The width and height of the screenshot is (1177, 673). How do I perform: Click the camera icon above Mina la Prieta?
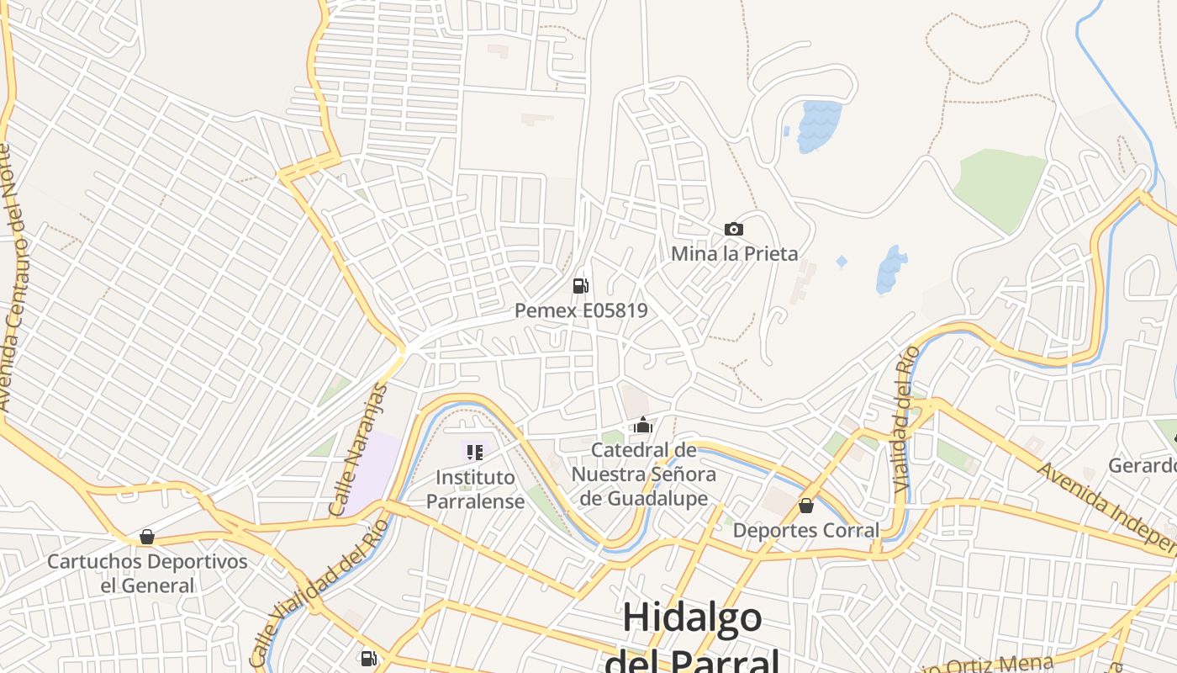coord(733,229)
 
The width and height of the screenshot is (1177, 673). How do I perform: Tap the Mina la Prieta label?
coord(734,253)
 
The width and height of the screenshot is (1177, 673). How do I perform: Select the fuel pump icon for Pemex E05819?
coord(580,286)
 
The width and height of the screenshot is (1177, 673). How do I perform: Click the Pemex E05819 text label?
coord(581,310)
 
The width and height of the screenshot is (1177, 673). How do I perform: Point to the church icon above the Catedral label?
coord(643,426)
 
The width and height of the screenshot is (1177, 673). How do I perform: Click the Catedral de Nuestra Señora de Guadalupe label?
coord(643,474)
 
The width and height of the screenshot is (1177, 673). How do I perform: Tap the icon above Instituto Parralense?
coord(475,453)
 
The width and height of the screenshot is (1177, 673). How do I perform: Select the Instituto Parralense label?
coord(475,490)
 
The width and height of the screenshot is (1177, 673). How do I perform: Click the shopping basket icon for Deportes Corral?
coord(805,506)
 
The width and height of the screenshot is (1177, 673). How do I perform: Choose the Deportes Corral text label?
coord(805,531)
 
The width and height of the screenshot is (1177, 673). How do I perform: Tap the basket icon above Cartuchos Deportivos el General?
coord(147,537)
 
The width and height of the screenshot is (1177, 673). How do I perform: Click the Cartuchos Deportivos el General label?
coord(147,574)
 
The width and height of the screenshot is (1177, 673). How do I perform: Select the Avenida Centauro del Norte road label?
coord(9,278)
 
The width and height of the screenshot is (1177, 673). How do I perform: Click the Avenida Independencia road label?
coord(1106,509)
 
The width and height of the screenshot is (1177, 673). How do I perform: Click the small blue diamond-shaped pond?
coord(842,262)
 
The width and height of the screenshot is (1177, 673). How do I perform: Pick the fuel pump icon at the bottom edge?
coord(368,659)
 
